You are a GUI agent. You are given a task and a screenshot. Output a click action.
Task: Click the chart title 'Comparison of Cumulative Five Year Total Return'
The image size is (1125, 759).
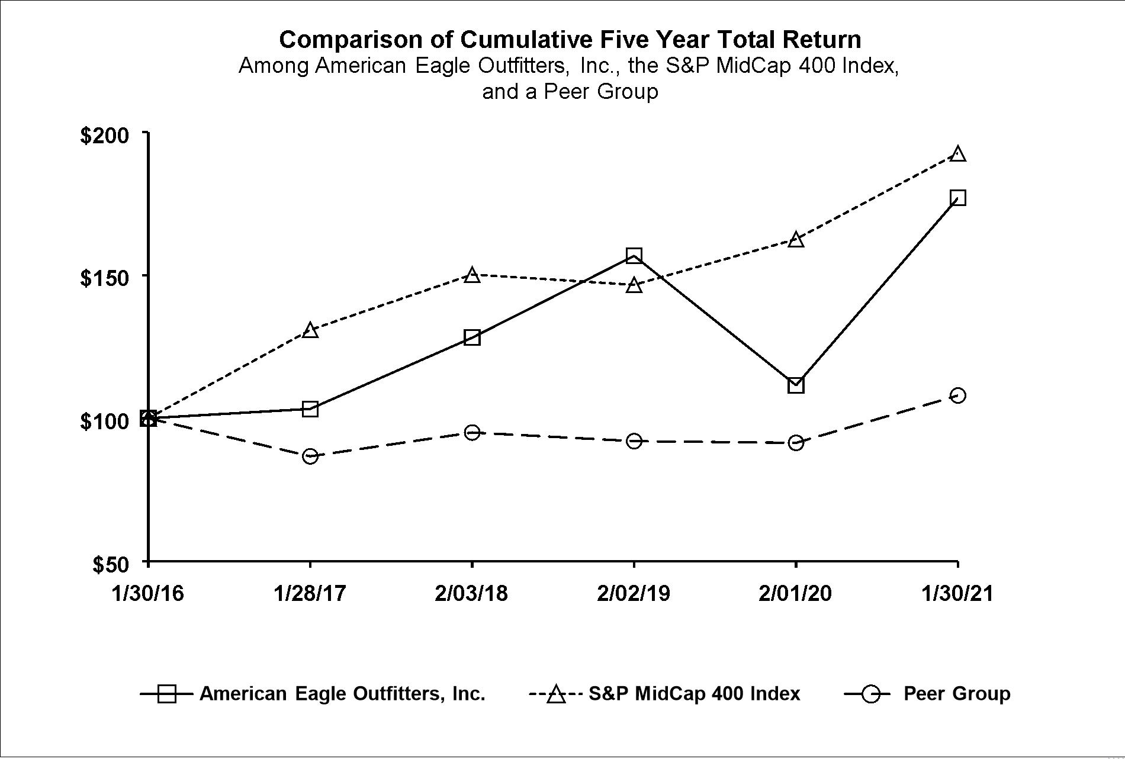click(x=570, y=40)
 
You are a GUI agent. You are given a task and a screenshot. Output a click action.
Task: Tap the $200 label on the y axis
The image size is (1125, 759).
click(x=104, y=135)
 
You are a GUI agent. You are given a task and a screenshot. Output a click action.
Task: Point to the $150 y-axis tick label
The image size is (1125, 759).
click(x=104, y=277)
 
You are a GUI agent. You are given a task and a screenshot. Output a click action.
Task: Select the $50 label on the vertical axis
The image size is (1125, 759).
click(x=111, y=564)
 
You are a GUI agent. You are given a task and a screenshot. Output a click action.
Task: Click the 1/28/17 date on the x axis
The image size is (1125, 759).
click(x=310, y=593)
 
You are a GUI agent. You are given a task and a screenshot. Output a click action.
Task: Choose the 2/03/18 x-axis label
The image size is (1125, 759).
click(x=471, y=593)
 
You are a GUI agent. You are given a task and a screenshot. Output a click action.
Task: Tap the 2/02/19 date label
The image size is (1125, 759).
click(x=634, y=593)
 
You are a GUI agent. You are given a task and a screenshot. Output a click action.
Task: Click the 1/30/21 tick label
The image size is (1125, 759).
click(x=957, y=593)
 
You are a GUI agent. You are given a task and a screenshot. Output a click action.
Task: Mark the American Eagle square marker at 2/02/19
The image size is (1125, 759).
click(x=634, y=256)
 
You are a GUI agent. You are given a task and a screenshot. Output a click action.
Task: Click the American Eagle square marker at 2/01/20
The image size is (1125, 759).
click(x=796, y=385)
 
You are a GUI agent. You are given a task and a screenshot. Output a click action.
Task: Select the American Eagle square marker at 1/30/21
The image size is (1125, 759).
click(x=958, y=198)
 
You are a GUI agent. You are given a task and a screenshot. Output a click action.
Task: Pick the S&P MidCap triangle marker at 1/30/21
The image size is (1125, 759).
click(x=958, y=154)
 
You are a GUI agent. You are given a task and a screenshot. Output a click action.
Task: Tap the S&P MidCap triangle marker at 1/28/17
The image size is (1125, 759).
click(x=310, y=330)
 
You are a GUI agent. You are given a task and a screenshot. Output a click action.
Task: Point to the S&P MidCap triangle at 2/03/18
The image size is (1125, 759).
click(x=472, y=275)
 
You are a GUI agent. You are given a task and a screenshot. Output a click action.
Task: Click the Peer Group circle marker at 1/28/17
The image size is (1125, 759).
click(x=310, y=456)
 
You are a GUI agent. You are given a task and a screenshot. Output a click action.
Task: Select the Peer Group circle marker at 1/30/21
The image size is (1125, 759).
click(x=958, y=395)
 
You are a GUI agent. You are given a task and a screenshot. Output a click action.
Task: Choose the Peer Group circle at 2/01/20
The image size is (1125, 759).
click(x=796, y=442)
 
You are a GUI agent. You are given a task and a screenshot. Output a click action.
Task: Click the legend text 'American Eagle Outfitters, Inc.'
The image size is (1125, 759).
click(x=342, y=693)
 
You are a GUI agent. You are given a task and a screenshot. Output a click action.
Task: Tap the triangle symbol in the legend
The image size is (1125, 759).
click(x=556, y=694)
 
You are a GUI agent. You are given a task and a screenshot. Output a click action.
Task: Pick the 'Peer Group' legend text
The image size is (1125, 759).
click(x=957, y=693)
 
